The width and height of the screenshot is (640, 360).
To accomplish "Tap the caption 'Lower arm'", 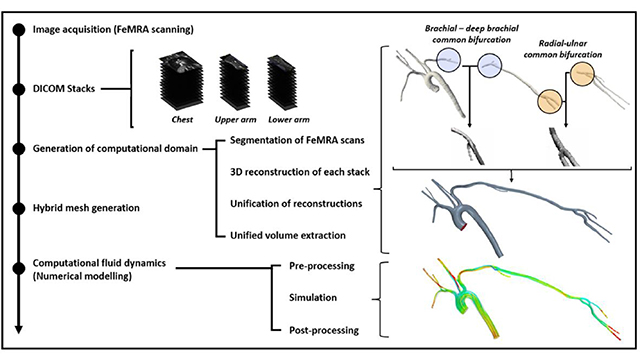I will click(288, 126).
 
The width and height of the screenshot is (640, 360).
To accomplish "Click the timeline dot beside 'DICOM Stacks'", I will click(17, 90).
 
